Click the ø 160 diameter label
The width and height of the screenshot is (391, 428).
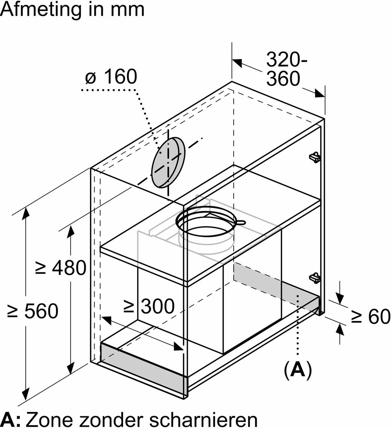[111, 77]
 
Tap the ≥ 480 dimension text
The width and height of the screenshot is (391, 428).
[61, 268]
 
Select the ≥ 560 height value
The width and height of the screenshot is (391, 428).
[33, 311]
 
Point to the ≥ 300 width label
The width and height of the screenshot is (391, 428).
[149, 306]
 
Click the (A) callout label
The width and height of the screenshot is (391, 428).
[298, 370]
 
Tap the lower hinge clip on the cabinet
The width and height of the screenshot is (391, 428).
[315, 277]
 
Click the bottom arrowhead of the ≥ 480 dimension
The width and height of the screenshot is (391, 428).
[71, 368]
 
